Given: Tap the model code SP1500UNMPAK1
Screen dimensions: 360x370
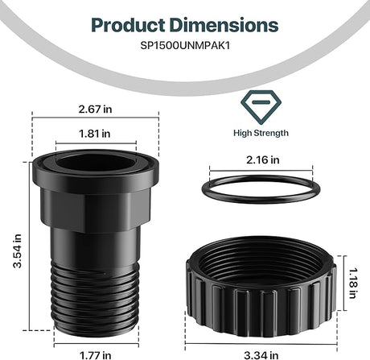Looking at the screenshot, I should point(184,46).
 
